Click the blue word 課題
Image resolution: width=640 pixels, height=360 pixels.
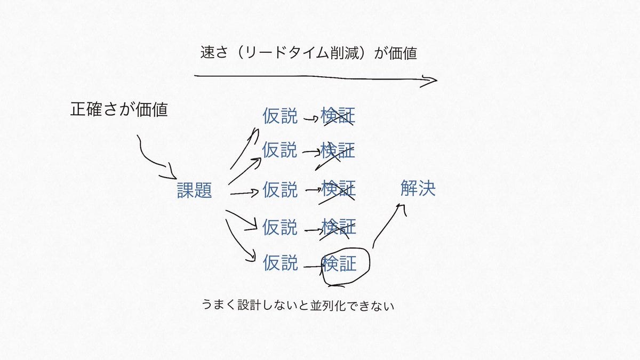point(195,190)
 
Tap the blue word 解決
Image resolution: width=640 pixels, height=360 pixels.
point(418,188)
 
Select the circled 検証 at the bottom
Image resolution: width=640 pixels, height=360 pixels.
point(340,263)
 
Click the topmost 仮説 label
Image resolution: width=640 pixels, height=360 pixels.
point(280,116)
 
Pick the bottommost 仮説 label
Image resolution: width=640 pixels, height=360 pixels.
point(280,262)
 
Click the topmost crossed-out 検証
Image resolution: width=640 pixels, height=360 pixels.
point(338,116)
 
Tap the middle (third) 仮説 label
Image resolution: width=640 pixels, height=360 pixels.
point(280,190)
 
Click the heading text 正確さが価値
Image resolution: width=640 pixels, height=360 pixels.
point(119,109)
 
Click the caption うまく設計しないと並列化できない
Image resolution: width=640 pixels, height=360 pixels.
point(297,306)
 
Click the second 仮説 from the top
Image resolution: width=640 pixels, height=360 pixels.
point(280,150)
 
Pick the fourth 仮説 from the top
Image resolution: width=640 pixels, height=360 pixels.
point(280,227)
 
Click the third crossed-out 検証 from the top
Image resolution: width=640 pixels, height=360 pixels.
point(338,190)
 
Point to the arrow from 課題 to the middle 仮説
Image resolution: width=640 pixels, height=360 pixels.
point(244,193)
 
